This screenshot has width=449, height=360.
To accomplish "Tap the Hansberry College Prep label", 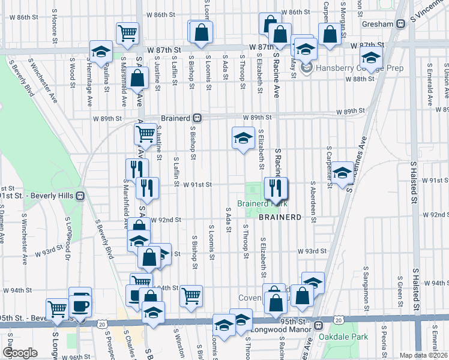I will pos(340,68).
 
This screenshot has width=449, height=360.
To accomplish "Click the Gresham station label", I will pos(379,24).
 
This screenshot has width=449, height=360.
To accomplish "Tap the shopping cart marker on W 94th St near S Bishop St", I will pos(191,295).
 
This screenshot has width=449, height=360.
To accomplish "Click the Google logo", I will pos(20,352).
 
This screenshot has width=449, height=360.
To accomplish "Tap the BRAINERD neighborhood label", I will pos(280,217).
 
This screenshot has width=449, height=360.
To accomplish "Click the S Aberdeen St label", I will pos(313,202).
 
